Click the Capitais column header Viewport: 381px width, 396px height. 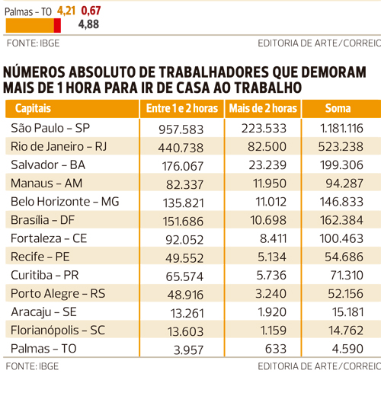pos(33,108)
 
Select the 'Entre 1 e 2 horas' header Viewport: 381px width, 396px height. pos(182,108)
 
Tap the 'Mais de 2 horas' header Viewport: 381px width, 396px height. pos(263,108)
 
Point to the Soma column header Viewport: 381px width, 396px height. pos(338,108)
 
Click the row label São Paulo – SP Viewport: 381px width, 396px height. pos(50,128)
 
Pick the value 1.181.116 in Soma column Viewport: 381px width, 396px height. pos(341,128)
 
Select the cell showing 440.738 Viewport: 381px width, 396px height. pos(181,148)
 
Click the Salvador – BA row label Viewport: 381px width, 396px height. pos(48,164)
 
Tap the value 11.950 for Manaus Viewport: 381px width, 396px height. pos(270,184)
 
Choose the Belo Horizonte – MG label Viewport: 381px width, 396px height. pos(65,202)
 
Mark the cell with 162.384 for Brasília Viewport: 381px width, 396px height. pos(341,220)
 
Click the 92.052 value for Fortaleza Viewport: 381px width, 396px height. pos(184,240)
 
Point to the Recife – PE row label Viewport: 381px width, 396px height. pos(40,257)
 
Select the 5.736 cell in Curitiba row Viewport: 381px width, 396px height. pos(271,275)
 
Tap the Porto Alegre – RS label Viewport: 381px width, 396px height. pos(58,294)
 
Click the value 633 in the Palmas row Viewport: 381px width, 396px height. pos(276,349)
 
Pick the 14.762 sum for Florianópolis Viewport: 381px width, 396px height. pos(346,331)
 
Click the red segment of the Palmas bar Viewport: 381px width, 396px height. pos(57,25)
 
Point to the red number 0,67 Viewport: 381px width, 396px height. pos(91,11)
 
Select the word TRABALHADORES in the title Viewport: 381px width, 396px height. pos(214,72)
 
